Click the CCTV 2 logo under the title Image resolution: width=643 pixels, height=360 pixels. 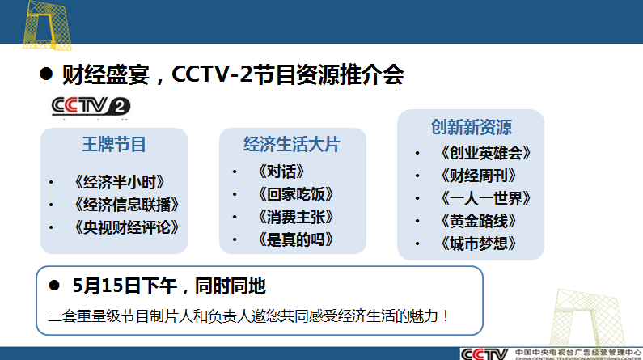[91, 106]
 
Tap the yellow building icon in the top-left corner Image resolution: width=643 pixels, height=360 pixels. [47, 25]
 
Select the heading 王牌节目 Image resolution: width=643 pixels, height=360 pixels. [114, 144]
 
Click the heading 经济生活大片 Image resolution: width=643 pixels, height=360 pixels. [292, 144]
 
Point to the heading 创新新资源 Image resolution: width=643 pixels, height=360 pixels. [472, 127]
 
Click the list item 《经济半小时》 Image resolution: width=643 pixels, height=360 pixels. [120, 182]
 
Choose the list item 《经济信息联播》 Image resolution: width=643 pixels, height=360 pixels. [127, 205]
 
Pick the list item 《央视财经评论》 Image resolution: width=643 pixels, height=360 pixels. [127, 227]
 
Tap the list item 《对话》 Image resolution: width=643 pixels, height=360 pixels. [281, 172]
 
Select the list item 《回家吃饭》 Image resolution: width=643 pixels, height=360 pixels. [296, 194]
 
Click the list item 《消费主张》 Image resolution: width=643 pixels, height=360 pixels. [296, 217]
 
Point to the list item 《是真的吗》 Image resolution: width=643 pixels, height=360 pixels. [296, 239]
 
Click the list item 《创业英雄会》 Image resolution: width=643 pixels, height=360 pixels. [486, 153]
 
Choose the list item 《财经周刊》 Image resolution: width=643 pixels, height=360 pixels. [479, 176]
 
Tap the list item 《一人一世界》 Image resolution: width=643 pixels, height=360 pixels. [486, 198]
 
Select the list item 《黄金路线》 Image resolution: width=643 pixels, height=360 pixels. [479, 221]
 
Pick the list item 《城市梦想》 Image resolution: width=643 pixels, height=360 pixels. [479, 244]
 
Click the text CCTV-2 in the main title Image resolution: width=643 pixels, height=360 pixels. [212, 74]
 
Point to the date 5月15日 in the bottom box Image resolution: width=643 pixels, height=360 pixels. [107, 286]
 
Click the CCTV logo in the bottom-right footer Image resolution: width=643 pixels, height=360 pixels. [485, 354]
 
